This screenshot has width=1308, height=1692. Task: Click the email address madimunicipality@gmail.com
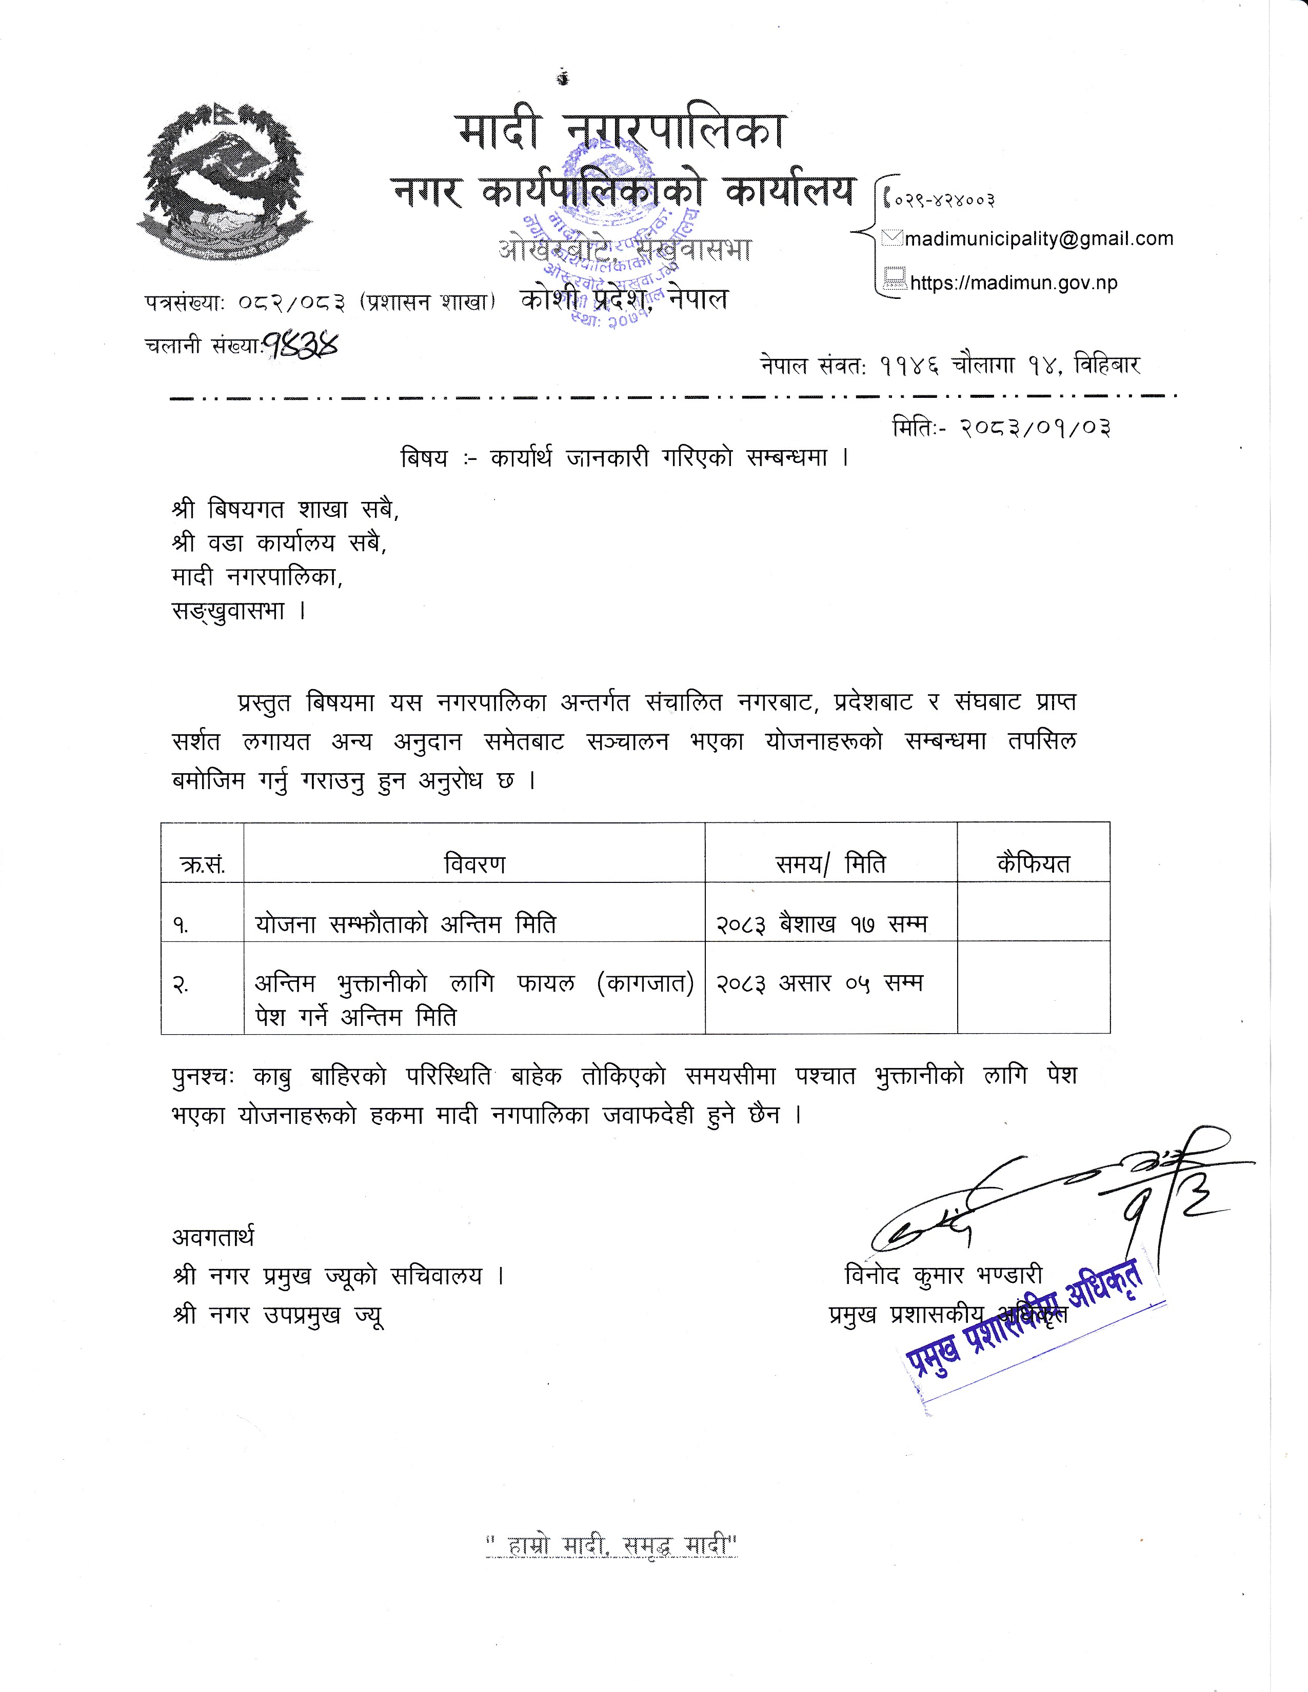1038,238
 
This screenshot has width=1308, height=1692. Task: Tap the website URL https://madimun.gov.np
1014,283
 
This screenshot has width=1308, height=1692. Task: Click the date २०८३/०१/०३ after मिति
1035,427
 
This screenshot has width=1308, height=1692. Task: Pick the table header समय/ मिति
830,863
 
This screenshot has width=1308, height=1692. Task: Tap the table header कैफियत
1033,863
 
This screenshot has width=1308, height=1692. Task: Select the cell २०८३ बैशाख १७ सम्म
821,923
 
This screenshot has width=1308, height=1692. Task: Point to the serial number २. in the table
181,985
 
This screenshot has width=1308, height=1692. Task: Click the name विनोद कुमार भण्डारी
943,1275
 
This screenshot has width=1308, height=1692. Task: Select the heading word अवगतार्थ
212,1237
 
